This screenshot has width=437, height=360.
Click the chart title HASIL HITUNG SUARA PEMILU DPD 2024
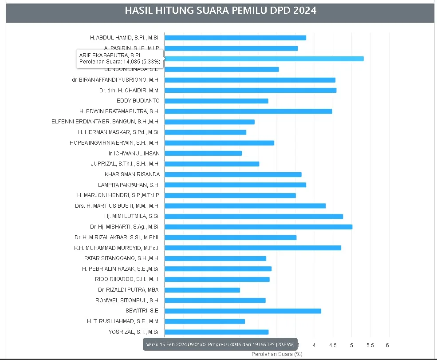[220, 11]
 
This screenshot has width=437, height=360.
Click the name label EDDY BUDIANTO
[138, 101]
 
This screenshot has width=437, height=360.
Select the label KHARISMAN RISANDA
[132, 174]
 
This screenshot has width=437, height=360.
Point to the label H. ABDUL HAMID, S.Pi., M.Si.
[125, 38]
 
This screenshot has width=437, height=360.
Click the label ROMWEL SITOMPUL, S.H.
[127, 301]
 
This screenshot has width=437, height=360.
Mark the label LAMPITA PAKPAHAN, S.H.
[129, 185]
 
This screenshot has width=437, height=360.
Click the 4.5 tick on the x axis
[333, 345]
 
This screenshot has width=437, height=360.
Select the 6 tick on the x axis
[387, 345]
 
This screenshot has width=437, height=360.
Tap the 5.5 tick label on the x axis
[370, 345]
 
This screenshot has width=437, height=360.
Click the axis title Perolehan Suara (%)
[276, 354]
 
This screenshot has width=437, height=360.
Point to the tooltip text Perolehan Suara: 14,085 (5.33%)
[120, 62]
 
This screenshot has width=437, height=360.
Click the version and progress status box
[220, 344]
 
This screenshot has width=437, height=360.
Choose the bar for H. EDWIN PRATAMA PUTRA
[248, 111]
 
